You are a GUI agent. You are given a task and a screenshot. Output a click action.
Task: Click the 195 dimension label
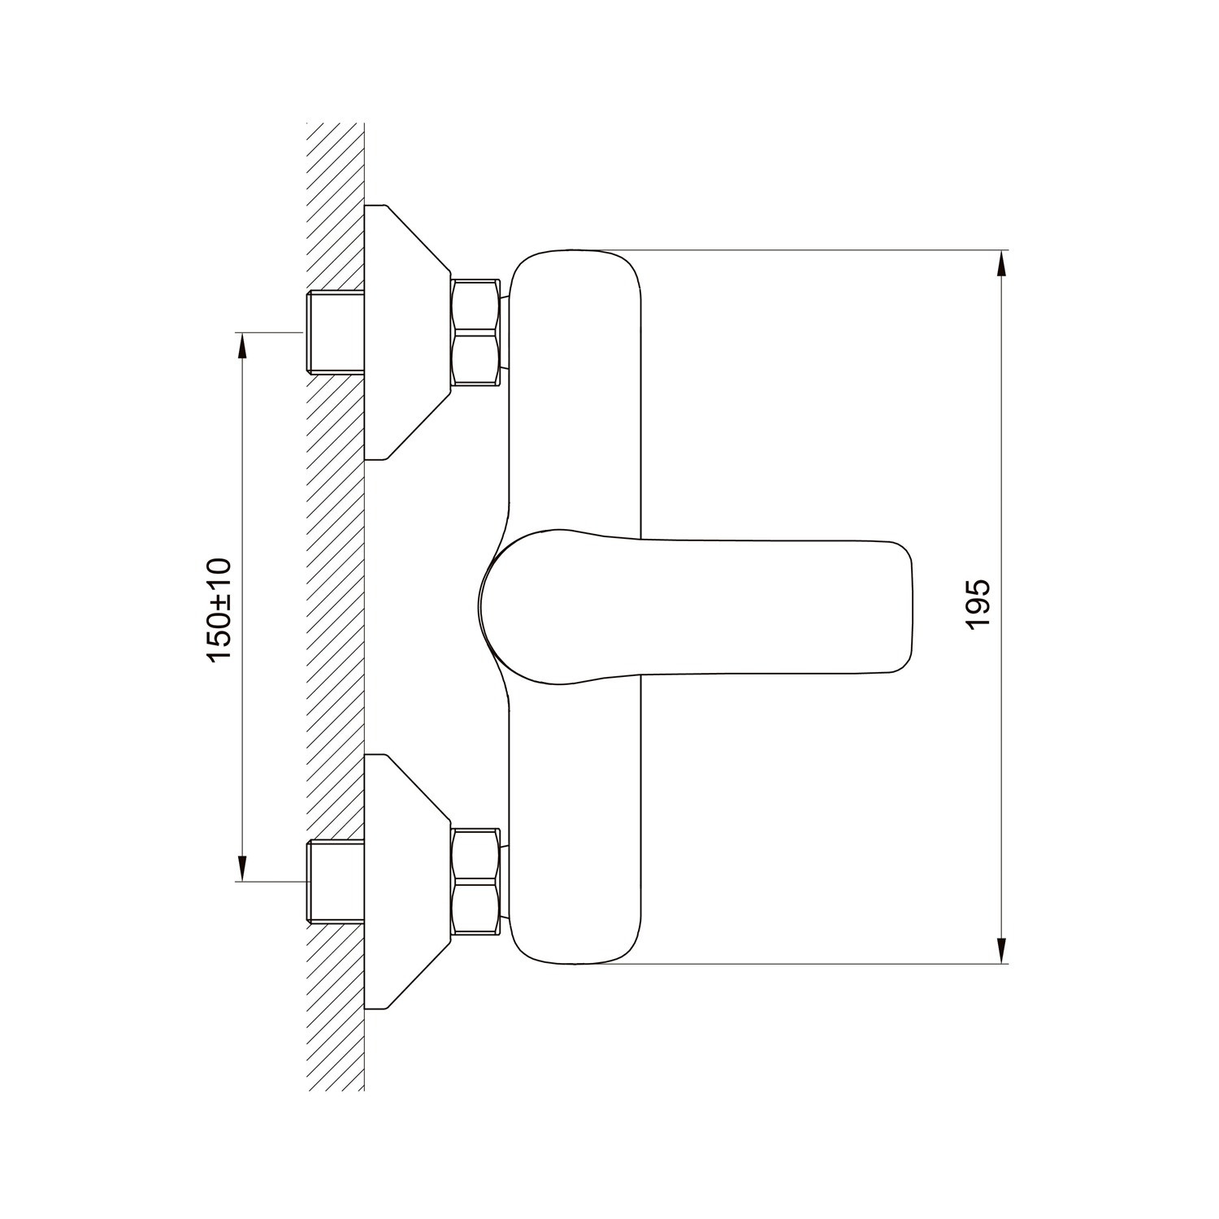tap(978, 603)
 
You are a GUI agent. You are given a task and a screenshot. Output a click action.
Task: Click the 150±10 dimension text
tap(219, 609)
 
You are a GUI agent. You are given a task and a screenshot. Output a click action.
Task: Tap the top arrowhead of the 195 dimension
tap(1000, 265)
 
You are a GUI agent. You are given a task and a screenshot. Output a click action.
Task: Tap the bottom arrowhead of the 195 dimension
tap(1000, 948)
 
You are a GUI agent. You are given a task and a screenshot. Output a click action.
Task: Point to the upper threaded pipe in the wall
tap(336, 332)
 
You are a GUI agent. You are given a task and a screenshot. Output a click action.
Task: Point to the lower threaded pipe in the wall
tap(336, 883)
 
